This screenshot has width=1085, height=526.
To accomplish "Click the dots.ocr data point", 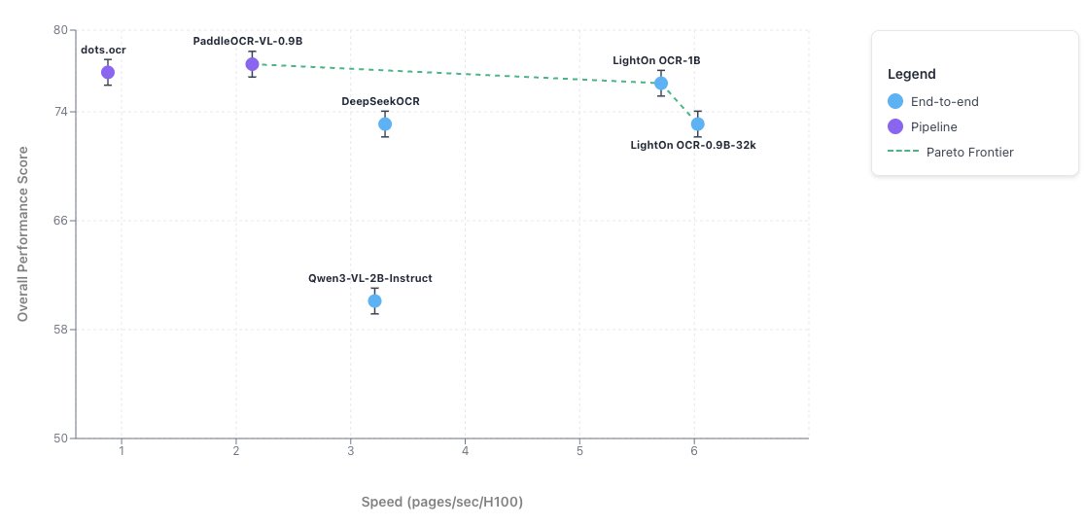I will coord(108,72).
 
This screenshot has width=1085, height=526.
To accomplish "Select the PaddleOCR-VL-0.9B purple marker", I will coord(252,64).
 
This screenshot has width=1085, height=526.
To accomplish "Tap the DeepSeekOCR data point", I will coord(385,123).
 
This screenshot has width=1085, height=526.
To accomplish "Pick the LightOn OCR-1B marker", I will coord(661,83).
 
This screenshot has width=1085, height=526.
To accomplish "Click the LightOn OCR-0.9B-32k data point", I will coord(697,123).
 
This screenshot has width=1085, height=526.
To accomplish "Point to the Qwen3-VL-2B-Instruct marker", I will coord(374,300).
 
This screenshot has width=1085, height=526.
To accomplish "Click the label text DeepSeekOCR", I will coord(380,101).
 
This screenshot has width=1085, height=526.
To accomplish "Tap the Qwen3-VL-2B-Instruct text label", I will coord(370,278).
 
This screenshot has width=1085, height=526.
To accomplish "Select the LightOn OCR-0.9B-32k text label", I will coord(693,145).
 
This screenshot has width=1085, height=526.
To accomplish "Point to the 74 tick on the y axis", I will coord(60,112).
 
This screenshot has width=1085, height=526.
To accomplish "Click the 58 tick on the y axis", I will coord(60,330).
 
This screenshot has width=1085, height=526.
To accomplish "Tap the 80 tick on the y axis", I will coord(60,30).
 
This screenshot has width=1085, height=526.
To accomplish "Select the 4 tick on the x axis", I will coord(465,452).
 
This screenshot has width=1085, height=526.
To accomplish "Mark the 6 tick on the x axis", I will coord(694,452).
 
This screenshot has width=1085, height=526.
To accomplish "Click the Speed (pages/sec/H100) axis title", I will coord(442,502).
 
